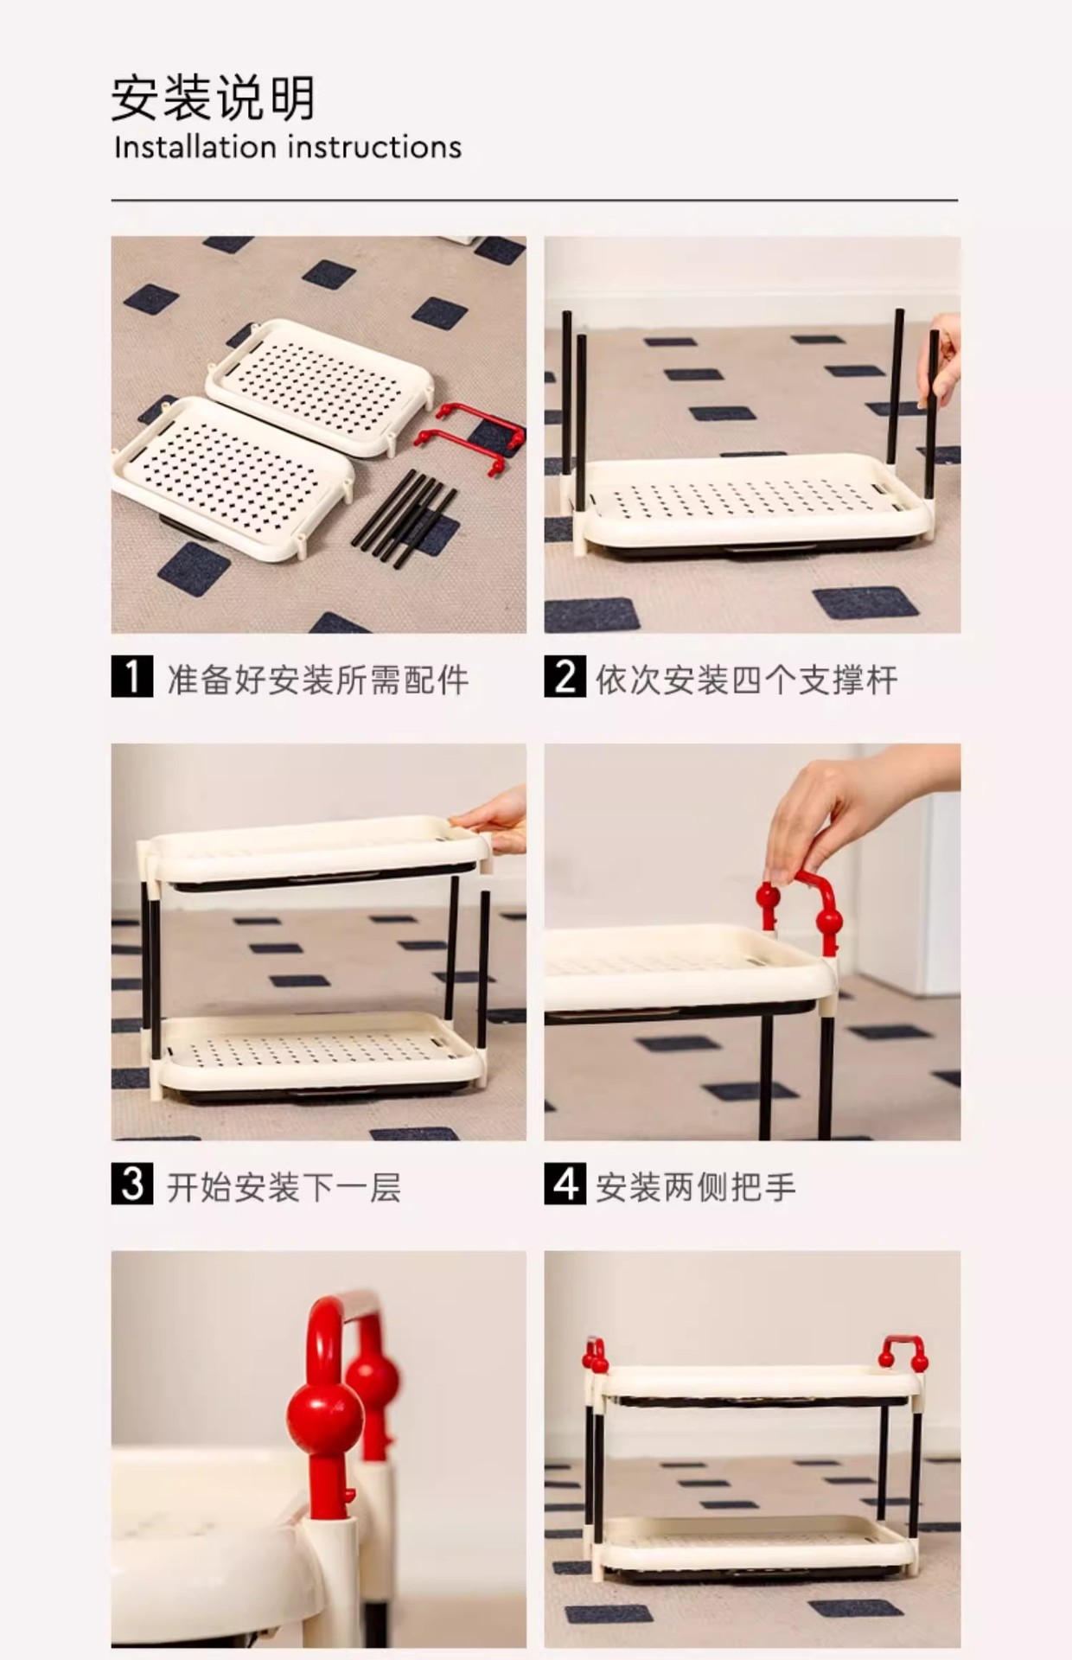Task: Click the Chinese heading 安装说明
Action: pos(213,99)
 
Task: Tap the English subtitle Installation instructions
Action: pos(288,148)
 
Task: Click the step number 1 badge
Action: pos(132,677)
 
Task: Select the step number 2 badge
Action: pos(565,677)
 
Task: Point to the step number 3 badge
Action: pos(132,1184)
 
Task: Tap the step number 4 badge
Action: pos(565,1184)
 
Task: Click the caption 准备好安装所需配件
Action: pos(317,679)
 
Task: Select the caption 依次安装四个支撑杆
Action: pos(746,679)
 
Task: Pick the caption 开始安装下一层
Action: pos(284,1185)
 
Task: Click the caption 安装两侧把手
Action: pos(696,1185)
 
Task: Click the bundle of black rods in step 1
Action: pos(405,518)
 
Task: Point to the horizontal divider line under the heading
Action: pos(534,201)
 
